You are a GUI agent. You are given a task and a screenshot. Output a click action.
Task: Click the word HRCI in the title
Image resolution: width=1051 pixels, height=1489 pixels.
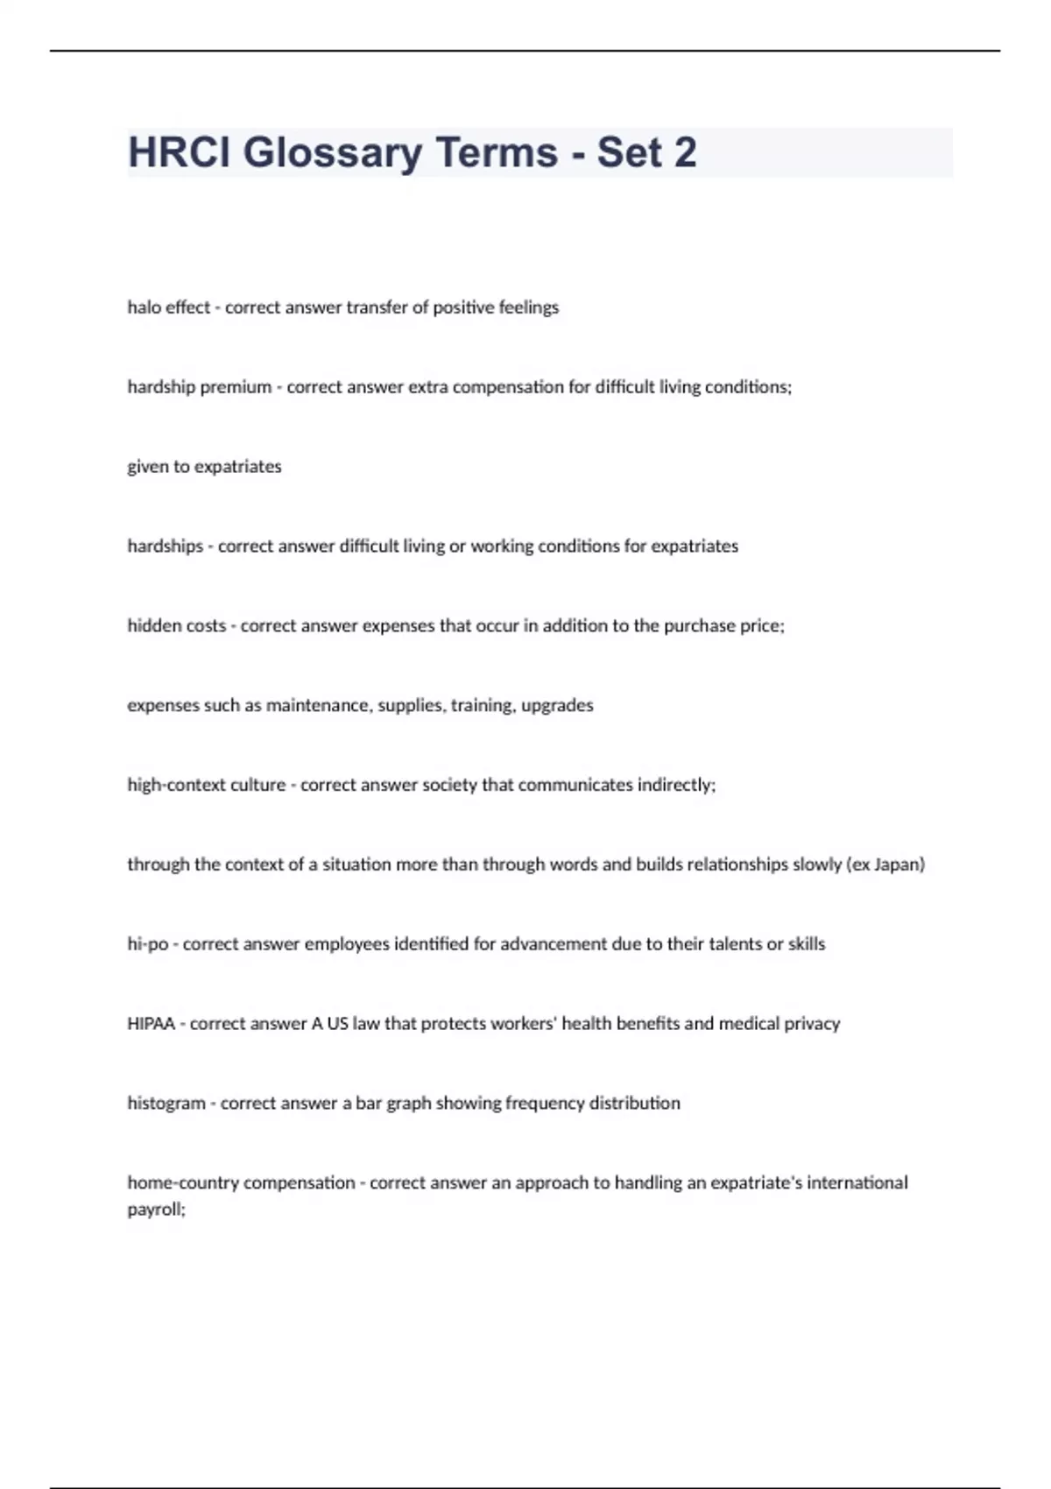pyautogui.click(x=179, y=152)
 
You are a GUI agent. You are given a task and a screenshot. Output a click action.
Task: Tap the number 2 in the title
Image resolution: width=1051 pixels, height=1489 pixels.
pyautogui.click(x=686, y=152)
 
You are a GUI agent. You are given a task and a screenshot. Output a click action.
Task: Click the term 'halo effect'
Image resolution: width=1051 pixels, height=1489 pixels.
pyautogui.click(x=168, y=307)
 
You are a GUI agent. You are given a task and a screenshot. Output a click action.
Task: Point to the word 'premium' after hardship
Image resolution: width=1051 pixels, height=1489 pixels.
pyautogui.click(x=236, y=387)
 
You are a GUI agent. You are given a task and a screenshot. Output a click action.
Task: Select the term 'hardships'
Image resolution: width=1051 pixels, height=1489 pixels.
pyautogui.click(x=165, y=546)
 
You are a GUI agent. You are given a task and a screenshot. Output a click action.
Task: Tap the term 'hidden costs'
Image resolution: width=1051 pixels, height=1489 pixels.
pyautogui.click(x=176, y=625)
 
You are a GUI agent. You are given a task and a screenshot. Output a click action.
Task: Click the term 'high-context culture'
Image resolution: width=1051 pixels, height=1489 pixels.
pyautogui.click(x=207, y=785)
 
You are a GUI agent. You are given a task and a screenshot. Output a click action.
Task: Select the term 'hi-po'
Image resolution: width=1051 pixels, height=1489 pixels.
pyautogui.click(x=147, y=944)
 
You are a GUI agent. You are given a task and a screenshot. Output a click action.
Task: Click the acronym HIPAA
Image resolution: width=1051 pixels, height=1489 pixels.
pyautogui.click(x=151, y=1023)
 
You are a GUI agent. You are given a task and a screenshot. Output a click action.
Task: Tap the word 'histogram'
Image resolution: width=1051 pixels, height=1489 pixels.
pyautogui.click(x=166, y=1103)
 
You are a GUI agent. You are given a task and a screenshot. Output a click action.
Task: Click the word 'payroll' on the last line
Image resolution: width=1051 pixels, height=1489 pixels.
pyautogui.click(x=154, y=1210)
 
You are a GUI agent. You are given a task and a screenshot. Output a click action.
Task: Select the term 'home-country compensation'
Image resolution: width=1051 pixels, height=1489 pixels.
pyautogui.click(x=241, y=1182)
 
